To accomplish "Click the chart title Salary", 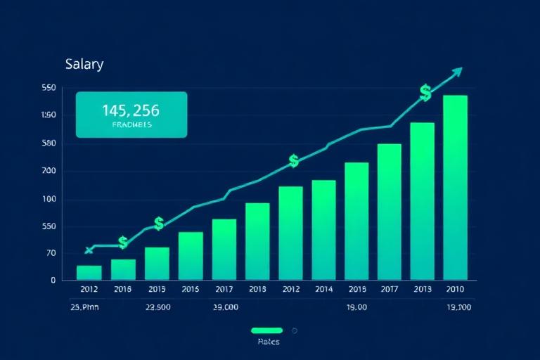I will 84,65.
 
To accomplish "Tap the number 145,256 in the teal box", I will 131,110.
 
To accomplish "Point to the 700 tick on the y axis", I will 49,171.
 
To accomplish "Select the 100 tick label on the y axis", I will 49,199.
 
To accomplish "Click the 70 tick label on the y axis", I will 49,253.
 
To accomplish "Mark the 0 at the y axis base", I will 53,280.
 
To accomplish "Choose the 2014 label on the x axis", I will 323,289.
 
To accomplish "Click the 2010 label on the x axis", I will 456,289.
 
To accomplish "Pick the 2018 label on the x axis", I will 257,289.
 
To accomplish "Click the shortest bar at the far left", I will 89,273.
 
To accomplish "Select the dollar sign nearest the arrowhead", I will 425,92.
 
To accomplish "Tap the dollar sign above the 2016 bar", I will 123,243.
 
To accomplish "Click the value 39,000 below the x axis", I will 226,307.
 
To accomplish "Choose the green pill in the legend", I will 266,330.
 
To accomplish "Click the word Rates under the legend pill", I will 268,342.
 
